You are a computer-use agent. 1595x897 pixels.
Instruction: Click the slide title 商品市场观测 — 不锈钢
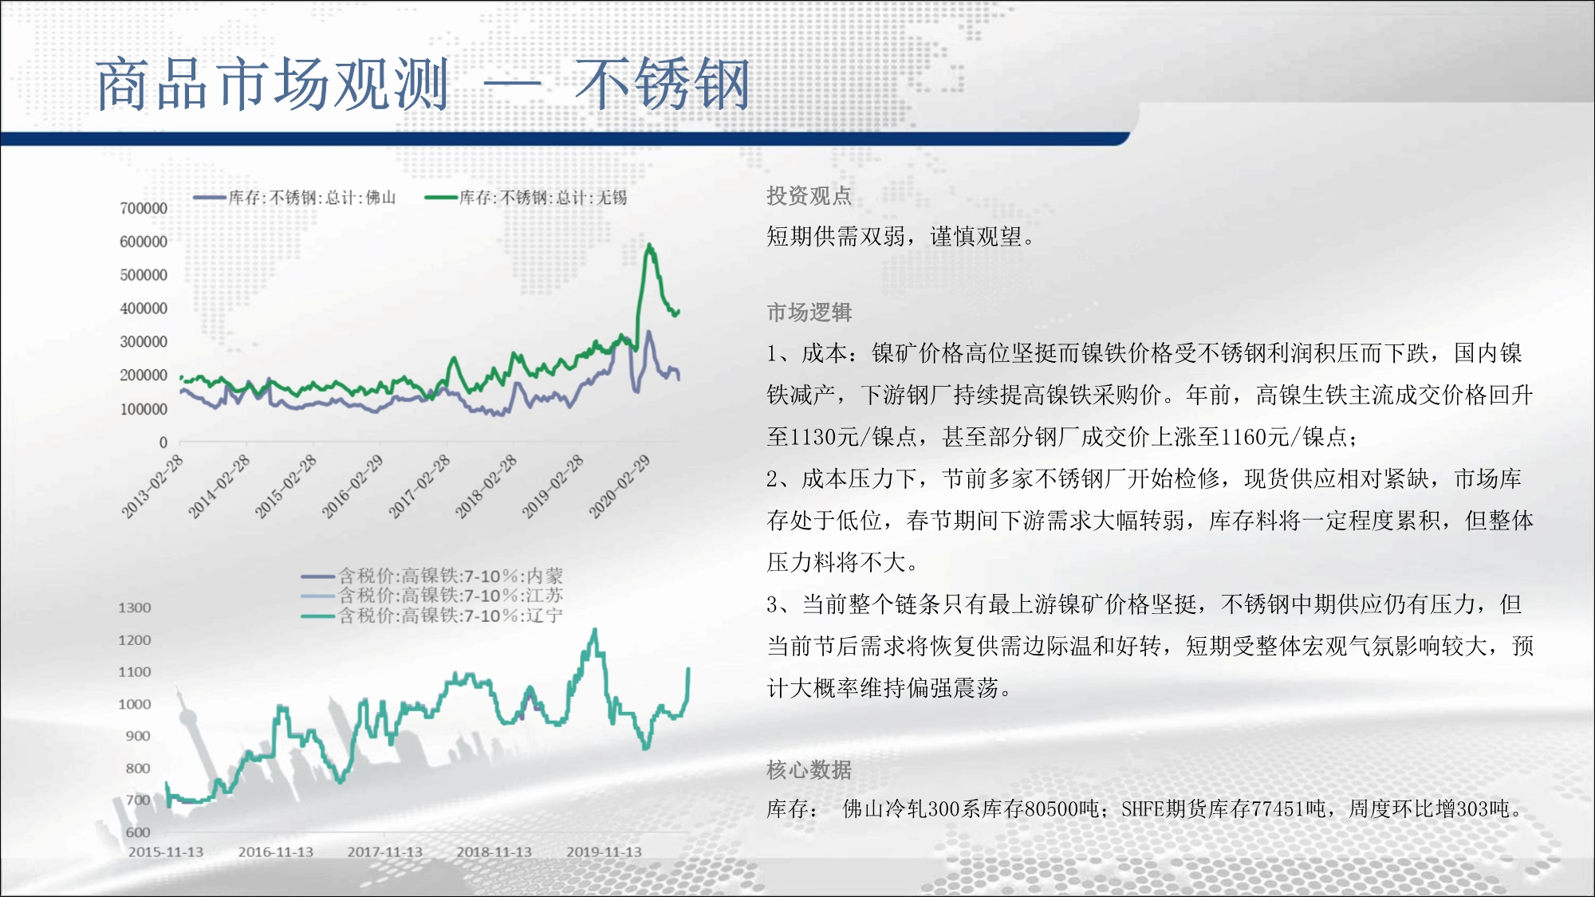pyautogui.click(x=423, y=84)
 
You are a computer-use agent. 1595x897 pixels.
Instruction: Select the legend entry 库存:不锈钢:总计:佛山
pyautogui.click(x=294, y=197)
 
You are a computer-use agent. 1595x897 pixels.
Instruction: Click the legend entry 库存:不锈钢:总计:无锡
pyautogui.click(x=526, y=197)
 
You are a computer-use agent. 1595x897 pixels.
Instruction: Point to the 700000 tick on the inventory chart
pyautogui.click(x=144, y=208)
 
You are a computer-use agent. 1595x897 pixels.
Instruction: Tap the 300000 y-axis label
pyautogui.click(x=144, y=341)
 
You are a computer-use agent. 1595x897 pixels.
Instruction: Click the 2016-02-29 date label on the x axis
pyautogui.click(x=352, y=486)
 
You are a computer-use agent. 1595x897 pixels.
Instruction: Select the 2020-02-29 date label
pyautogui.click(x=620, y=486)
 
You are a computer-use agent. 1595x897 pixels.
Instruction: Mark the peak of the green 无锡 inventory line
pyautogui.click(x=649, y=245)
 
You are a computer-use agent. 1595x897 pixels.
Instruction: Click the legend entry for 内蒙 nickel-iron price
pyautogui.click(x=432, y=576)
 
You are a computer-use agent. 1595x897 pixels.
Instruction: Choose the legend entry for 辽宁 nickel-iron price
pyautogui.click(x=432, y=616)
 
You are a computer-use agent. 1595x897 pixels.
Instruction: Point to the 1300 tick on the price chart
pyautogui.click(x=135, y=608)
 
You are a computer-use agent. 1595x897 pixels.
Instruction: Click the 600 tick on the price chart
pyautogui.click(x=138, y=832)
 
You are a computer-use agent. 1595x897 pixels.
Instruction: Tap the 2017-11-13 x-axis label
pyautogui.click(x=385, y=852)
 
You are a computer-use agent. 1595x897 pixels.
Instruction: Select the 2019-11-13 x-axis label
pyautogui.click(x=605, y=852)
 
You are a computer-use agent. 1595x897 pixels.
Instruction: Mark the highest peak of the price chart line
pyautogui.click(x=594, y=630)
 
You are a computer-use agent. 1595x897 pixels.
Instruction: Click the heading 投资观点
pyautogui.click(x=809, y=195)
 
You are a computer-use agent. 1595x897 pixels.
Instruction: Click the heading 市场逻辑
pyautogui.click(x=809, y=312)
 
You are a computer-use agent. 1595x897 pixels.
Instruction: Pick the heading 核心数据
pyautogui.click(x=809, y=769)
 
